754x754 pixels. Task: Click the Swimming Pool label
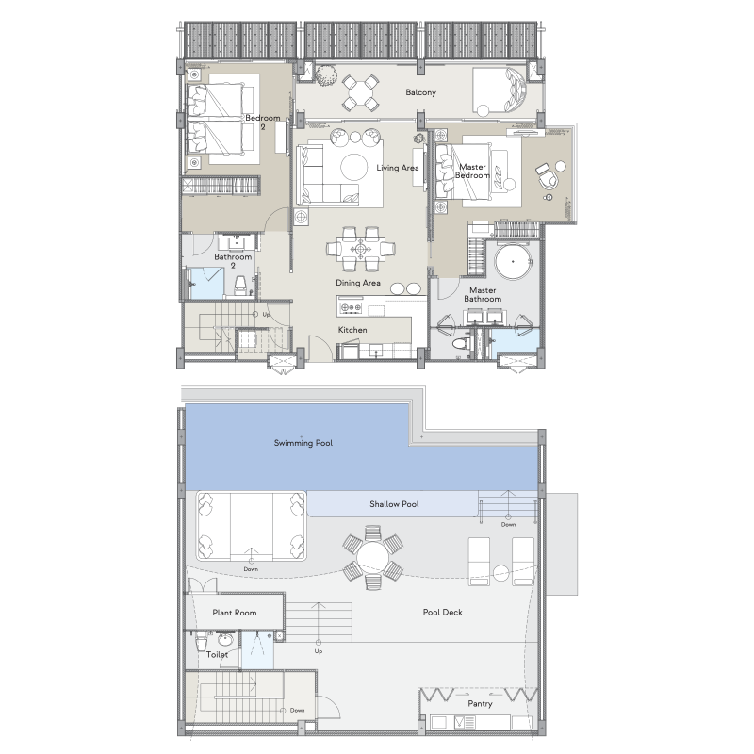(303, 443)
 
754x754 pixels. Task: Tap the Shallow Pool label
(394, 504)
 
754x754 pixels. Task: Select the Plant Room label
(234, 612)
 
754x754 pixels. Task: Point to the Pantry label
(480, 703)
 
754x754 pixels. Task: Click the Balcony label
(420, 92)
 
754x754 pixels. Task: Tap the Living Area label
(397, 168)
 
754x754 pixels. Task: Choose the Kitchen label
(352, 330)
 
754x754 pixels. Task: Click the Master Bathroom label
(483, 294)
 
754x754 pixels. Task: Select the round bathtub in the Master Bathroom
(513, 262)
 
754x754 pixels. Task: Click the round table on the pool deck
(373, 558)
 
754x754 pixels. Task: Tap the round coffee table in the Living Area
(354, 168)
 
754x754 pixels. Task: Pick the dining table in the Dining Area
(360, 249)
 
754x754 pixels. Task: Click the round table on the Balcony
(360, 91)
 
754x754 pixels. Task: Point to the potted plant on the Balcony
(325, 76)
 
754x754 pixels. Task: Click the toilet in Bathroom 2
(239, 287)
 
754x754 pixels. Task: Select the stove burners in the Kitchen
(351, 307)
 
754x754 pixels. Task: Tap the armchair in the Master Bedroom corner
(547, 178)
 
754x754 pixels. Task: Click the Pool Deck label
(442, 612)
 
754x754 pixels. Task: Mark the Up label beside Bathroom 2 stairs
(266, 315)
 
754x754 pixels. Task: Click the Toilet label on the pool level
(217, 654)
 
